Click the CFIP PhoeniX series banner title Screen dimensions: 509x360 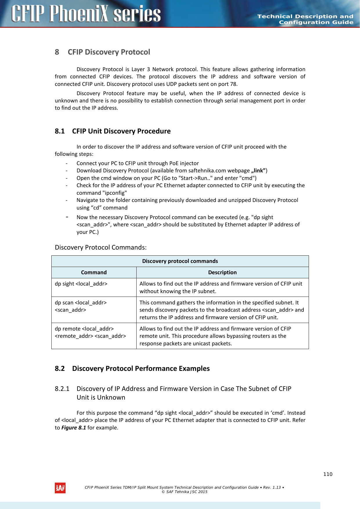(x=86, y=14)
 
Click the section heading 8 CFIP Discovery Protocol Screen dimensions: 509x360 (x=102, y=52)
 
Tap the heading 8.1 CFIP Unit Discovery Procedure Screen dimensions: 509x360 (x=113, y=131)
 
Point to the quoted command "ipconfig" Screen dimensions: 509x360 (x=115, y=193)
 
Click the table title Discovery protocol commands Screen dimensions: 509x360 (x=180, y=261)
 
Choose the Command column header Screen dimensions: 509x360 (x=94, y=272)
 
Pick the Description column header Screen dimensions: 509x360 (x=222, y=272)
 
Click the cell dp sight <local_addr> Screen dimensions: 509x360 (x=81, y=284)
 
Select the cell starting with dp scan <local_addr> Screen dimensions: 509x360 (x=81, y=306)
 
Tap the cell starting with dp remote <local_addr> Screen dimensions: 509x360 (x=90, y=333)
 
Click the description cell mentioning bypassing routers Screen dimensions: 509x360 (x=222, y=336)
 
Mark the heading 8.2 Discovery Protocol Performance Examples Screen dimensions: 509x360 (x=132, y=369)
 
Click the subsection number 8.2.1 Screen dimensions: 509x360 (x=62, y=389)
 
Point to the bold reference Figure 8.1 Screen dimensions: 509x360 (x=74, y=428)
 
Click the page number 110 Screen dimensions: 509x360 (x=328, y=474)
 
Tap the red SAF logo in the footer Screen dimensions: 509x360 (x=60, y=488)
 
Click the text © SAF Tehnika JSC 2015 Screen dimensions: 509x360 (x=184, y=492)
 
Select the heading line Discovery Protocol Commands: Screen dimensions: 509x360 (x=101, y=248)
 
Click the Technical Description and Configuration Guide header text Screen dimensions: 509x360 (x=305, y=19)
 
